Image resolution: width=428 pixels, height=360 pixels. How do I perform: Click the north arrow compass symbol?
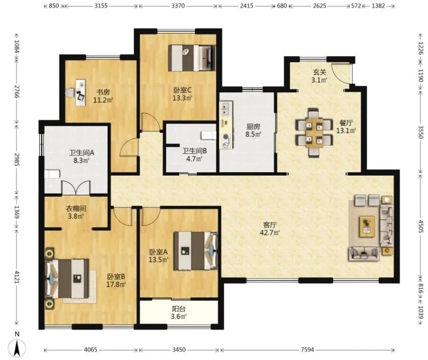17,348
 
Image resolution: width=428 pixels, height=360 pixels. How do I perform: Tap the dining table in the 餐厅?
314,133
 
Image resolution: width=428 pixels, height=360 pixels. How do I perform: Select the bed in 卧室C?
192,58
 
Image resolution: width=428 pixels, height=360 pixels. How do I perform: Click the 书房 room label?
103,92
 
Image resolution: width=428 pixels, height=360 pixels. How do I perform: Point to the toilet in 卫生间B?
209,135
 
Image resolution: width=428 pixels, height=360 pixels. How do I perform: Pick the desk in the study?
81,93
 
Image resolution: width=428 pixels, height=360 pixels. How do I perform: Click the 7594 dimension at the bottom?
307,350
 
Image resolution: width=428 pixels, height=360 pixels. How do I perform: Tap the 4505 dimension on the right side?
420,226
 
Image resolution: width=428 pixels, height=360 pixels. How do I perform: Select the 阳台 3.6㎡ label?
179,313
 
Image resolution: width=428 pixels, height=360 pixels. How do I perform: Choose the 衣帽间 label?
76,209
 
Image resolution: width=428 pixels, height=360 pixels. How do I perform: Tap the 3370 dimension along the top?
178,6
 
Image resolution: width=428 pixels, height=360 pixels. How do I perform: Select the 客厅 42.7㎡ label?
270,229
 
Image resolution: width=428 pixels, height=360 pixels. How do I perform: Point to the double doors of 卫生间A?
76,188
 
